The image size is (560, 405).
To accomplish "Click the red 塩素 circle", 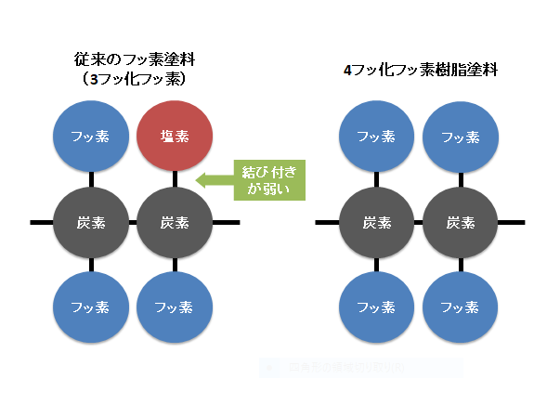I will coord(176,136).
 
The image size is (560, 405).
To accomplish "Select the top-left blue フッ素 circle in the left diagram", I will coord(90,136).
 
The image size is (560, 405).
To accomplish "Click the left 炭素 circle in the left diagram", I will coord(90,223).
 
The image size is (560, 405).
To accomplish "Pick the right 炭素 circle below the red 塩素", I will coord(176,223).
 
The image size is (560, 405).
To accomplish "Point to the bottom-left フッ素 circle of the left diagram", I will coord(90,307).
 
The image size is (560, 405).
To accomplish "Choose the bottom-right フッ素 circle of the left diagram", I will coord(176,307).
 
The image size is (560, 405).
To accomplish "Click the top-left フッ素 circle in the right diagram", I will coord(375,136).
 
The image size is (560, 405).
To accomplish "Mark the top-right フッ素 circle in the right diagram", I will coord(461,136).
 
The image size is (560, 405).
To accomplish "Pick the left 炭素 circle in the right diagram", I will coord(375,223).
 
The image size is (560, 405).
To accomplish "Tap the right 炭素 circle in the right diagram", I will coord(461,223).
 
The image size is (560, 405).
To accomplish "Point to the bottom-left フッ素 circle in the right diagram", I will coord(375,307).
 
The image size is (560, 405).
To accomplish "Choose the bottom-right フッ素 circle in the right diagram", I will coord(461,307).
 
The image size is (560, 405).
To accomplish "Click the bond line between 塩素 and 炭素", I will coord(176,179).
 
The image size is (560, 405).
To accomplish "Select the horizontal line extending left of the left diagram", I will coord(41,223).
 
